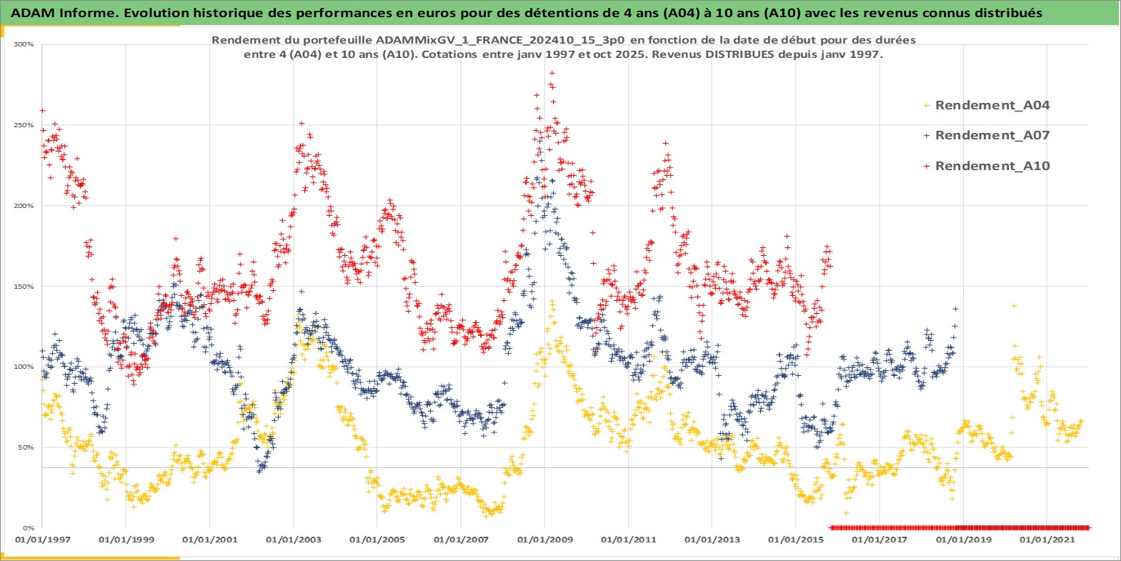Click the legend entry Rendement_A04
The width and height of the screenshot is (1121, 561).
[992, 105]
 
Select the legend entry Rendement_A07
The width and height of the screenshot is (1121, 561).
[992, 135]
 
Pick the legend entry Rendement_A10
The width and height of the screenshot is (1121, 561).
[992, 166]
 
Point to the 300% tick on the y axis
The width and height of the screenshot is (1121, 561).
[24, 44]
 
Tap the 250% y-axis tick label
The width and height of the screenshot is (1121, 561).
[24, 125]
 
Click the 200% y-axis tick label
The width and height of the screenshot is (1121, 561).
[24, 206]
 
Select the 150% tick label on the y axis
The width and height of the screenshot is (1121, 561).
[24, 287]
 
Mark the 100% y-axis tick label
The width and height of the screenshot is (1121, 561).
[24, 367]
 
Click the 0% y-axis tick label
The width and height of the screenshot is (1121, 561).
[28, 528]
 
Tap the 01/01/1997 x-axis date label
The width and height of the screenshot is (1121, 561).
[42, 540]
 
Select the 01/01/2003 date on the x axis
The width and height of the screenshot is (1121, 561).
[294, 540]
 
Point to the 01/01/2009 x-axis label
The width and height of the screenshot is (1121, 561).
[545, 540]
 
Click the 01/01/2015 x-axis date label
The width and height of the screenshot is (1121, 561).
[796, 540]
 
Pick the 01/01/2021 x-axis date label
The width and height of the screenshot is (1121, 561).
[1047, 540]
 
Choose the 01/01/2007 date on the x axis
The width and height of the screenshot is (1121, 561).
[461, 540]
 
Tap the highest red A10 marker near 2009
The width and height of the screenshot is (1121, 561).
[552, 73]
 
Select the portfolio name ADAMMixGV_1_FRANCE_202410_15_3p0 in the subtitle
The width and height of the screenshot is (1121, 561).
[500, 40]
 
